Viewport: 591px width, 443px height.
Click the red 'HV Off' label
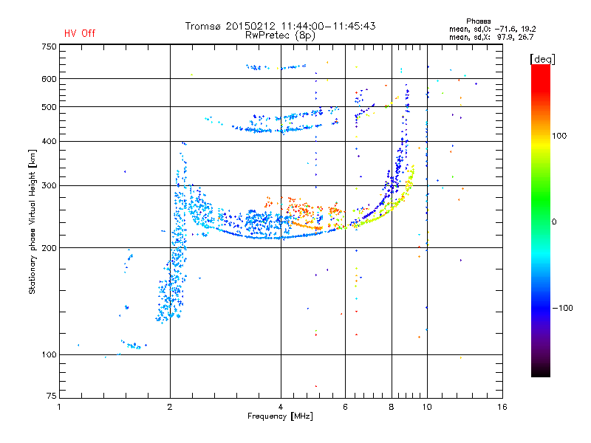coord(80,33)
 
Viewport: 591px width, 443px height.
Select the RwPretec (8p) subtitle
coord(280,35)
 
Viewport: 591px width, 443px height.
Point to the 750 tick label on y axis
coord(49,47)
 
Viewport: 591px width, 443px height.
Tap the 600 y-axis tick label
coord(49,79)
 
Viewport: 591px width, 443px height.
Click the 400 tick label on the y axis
coord(49,141)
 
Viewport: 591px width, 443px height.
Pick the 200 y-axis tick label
coord(49,248)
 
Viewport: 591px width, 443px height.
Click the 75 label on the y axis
coord(52,396)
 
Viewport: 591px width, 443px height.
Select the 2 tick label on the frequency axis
coord(170,407)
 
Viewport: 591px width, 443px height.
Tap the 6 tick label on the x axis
coord(345,407)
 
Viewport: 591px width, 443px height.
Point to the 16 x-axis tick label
coord(502,407)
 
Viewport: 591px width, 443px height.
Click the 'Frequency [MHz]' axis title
coord(280,416)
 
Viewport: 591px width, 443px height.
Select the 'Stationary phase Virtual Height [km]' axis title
coord(33,221)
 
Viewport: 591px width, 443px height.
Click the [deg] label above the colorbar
coord(542,59)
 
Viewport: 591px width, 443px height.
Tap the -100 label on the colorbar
coord(562,308)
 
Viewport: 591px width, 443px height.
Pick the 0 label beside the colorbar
coord(554,222)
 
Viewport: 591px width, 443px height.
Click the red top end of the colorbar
coord(541,66)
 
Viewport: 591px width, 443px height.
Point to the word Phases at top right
coord(478,21)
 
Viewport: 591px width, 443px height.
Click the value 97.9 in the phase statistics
coord(505,37)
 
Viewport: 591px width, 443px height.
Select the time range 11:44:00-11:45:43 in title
coord(328,26)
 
